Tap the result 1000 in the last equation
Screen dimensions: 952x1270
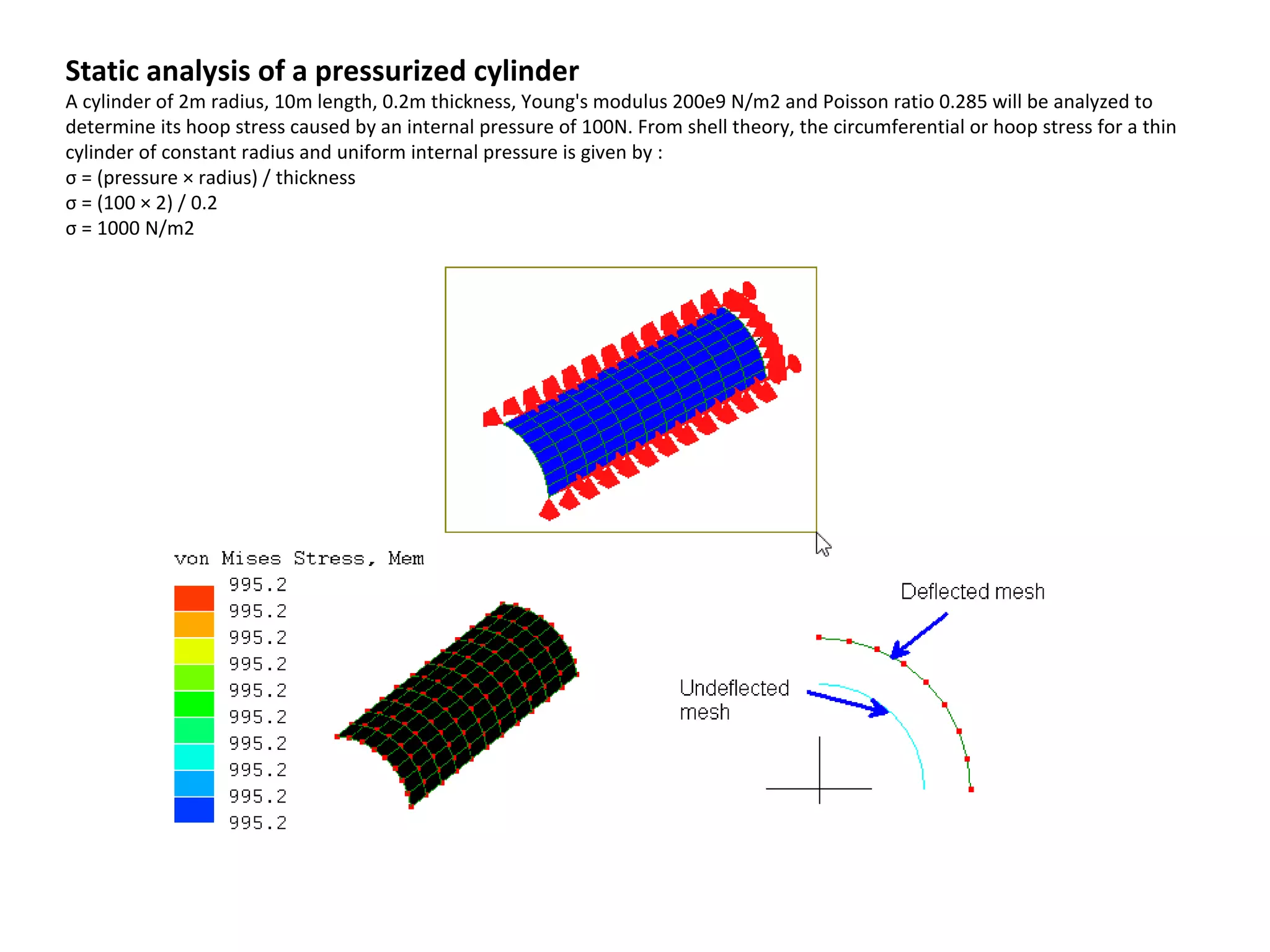(x=118, y=229)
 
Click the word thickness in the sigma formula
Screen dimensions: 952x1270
(x=315, y=178)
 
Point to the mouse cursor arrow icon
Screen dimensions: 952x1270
(x=823, y=545)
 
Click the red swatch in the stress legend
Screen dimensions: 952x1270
(x=194, y=598)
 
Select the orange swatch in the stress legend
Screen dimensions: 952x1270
(x=194, y=625)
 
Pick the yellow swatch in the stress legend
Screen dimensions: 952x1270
(x=194, y=651)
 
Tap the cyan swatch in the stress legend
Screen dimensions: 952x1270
(x=194, y=757)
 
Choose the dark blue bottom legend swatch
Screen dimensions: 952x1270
(x=194, y=809)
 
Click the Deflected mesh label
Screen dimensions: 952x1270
(x=972, y=592)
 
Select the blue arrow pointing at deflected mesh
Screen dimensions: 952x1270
(x=919, y=636)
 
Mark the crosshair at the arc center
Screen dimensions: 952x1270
(x=820, y=788)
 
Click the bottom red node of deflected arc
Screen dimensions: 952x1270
(x=971, y=790)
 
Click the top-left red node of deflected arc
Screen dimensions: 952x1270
(x=819, y=637)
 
